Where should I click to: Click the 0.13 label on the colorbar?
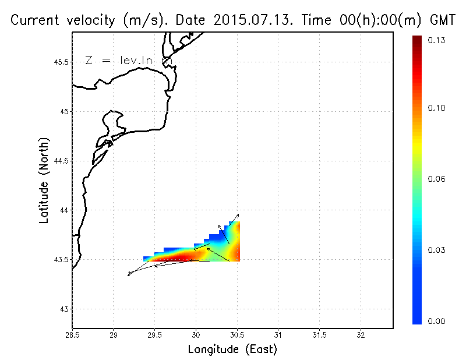pos(437,40)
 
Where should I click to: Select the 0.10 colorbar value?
pos(437,108)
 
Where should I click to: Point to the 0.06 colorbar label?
pos(437,179)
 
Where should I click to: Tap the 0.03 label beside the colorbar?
pos(437,250)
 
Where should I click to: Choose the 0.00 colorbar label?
pos(437,321)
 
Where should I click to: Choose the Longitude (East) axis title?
pos(232,350)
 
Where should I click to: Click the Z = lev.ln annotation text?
pos(128,60)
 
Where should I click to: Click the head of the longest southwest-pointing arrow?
pos(129,274)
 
